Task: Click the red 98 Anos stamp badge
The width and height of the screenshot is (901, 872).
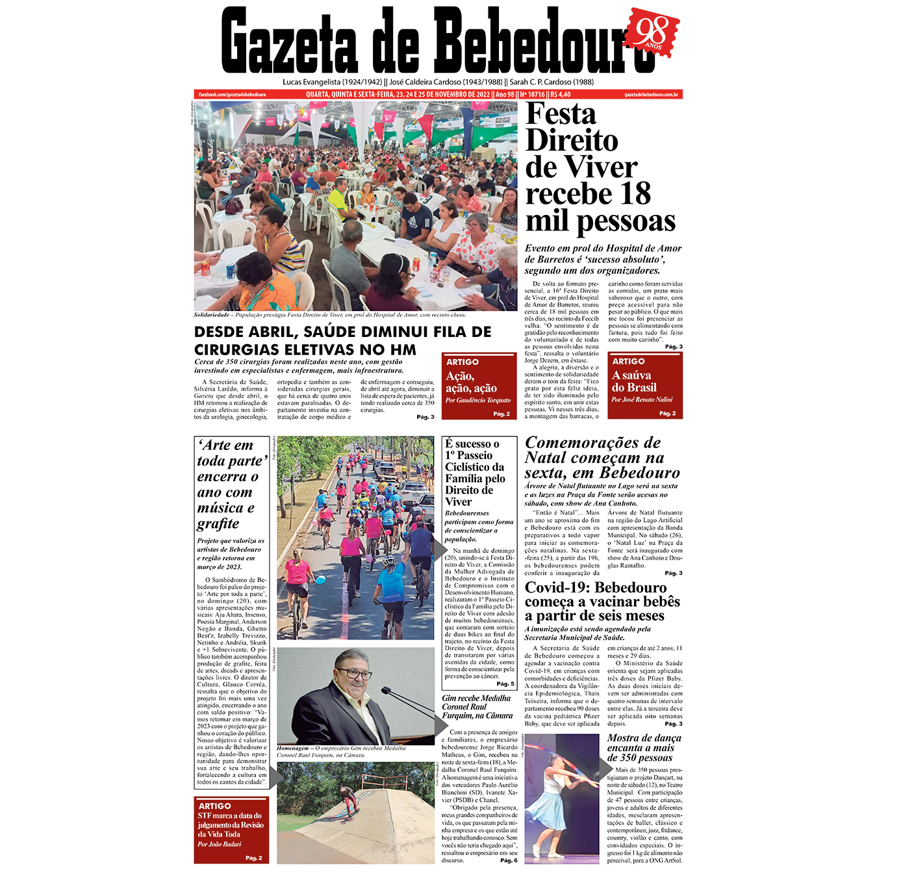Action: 652,32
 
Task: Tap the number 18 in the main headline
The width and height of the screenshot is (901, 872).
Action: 635,193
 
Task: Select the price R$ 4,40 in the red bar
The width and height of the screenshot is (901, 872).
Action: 561,95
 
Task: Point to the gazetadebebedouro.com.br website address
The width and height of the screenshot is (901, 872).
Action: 651,95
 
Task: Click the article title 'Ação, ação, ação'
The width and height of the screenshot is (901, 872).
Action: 471,382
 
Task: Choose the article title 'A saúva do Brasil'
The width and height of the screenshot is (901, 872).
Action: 634,381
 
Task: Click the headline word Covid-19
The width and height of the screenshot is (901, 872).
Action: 556,588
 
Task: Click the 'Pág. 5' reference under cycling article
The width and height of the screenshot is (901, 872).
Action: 505,684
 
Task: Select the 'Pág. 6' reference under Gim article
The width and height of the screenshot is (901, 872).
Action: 509,860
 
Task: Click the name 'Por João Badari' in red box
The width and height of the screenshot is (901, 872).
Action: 220,844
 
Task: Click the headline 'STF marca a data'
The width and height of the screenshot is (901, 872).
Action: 230,816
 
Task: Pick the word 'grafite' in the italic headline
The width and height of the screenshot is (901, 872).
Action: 218,523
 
